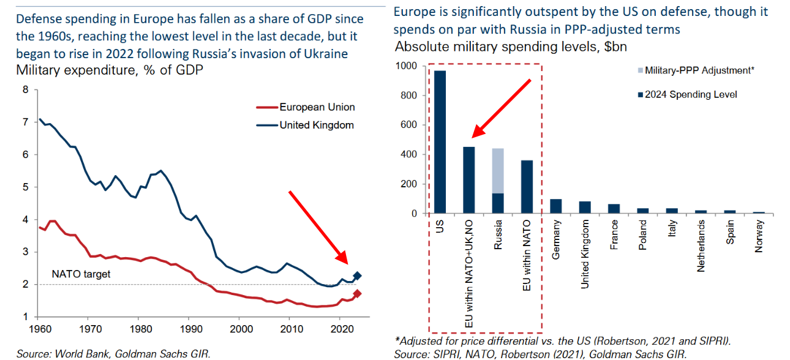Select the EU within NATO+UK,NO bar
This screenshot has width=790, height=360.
[x=468, y=181]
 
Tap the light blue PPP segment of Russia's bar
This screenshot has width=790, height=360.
[x=498, y=170]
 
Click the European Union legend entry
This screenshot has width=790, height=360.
[x=317, y=107]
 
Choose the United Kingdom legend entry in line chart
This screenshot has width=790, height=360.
[x=317, y=125]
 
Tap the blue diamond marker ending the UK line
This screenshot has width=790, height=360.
[x=358, y=276]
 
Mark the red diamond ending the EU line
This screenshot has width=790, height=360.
[x=358, y=294]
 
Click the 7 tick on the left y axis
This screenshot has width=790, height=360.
[x=25, y=122]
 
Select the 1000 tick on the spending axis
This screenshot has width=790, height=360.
[x=407, y=66]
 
